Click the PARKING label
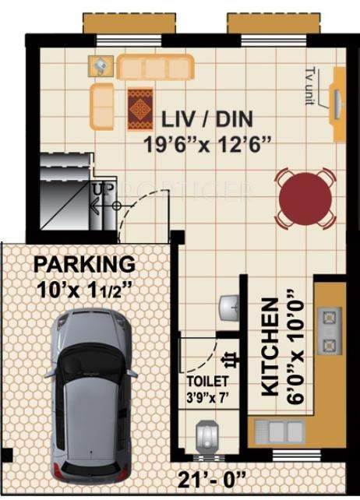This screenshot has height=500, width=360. click(83, 264)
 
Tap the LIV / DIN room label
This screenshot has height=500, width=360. click(206, 121)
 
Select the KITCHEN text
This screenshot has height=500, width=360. click(270, 346)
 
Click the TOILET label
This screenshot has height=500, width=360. click(207, 381)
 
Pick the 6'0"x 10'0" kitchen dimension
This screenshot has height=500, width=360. click(294, 346)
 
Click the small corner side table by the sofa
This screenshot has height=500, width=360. click(101, 66)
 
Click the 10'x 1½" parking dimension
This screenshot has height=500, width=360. click(83, 290)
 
